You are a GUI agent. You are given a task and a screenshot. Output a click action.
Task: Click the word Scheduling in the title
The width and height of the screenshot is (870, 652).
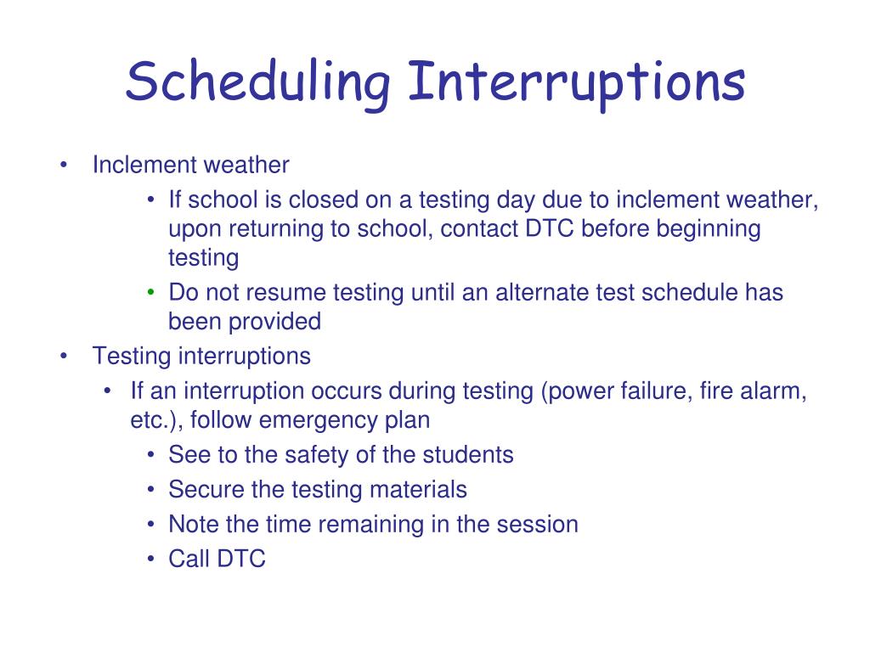click(258, 83)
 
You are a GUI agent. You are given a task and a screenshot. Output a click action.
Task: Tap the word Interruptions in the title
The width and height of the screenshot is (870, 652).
click(577, 83)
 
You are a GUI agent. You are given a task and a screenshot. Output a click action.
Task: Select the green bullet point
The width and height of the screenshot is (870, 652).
click(151, 292)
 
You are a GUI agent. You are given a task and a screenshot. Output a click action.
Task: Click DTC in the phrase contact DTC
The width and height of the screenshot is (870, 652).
click(550, 228)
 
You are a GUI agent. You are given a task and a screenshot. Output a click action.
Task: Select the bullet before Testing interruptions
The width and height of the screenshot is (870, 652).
click(64, 356)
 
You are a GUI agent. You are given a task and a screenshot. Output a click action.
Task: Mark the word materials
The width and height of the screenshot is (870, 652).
click(418, 490)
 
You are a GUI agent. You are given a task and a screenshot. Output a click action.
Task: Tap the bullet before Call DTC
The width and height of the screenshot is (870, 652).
click(151, 559)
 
